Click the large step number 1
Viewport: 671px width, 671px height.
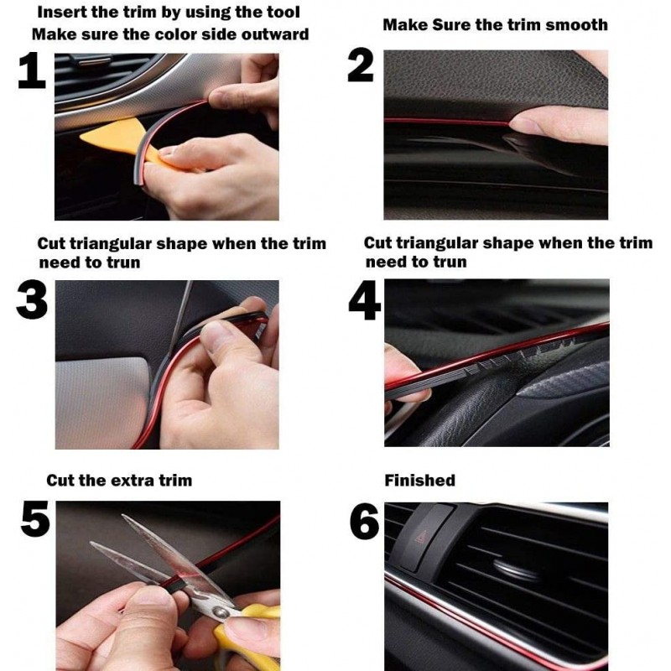click(32, 70)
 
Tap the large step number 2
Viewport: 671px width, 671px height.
click(361, 65)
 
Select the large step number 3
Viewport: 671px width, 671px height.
click(32, 300)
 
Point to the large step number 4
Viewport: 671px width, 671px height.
click(364, 300)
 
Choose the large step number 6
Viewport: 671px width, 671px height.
click(364, 521)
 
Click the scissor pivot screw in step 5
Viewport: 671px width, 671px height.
click(221, 613)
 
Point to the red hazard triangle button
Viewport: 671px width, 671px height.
click(422, 536)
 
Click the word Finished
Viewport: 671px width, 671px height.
click(420, 480)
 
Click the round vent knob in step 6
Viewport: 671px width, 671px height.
click(513, 569)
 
